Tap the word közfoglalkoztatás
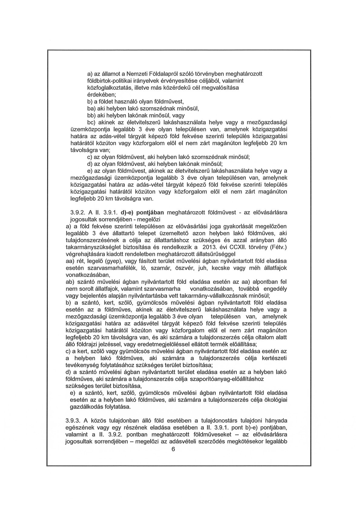click(107, 88)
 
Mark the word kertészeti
click(272, 358)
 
